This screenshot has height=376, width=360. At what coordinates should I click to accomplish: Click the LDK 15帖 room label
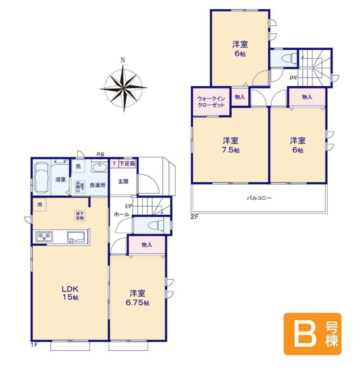click(70, 293)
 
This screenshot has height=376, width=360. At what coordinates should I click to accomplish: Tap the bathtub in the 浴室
click(41, 178)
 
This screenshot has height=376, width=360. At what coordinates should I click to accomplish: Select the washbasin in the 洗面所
click(100, 167)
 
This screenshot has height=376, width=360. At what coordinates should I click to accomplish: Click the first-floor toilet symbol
click(156, 225)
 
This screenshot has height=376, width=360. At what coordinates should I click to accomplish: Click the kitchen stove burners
click(44, 237)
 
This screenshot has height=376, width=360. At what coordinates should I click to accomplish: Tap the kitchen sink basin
click(76, 237)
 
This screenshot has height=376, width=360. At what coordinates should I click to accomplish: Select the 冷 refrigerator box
click(40, 205)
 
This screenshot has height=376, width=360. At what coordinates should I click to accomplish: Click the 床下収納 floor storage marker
click(80, 216)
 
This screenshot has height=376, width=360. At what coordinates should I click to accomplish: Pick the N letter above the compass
click(123, 60)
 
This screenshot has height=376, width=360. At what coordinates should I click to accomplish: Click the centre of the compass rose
click(124, 88)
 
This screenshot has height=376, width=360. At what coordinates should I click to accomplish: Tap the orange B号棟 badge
click(312, 334)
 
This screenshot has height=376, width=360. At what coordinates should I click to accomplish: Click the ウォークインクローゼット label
click(211, 102)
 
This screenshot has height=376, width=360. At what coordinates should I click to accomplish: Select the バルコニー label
click(259, 198)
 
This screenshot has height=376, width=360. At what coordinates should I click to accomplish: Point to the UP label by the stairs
click(128, 206)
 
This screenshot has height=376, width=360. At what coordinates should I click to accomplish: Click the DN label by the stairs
click(293, 77)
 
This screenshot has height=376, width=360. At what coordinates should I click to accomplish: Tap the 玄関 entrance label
click(123, 181)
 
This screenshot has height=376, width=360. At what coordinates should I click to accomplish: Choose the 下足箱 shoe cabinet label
click(127, 163)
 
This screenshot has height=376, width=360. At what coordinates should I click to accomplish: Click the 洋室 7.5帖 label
click(230, 145)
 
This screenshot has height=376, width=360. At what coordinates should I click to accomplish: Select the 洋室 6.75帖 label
click(138, 297)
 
